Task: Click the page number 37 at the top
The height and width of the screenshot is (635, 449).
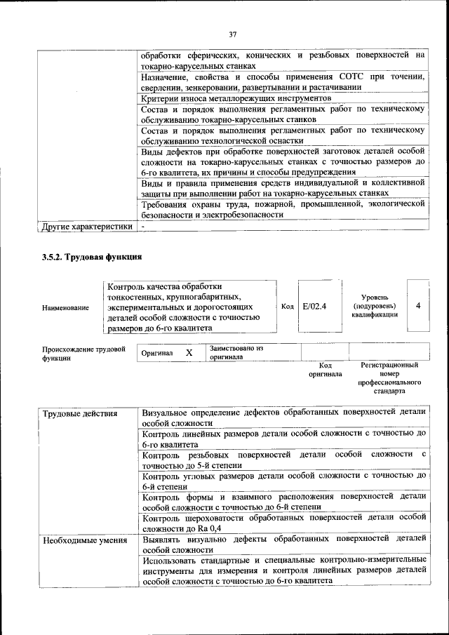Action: [x=233, y=34]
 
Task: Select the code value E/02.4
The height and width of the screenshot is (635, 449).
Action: [x=315, y=306]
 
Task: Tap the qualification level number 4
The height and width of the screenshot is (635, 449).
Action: [x=418, y=306]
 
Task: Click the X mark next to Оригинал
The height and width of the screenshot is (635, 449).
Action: [x=189, y=352]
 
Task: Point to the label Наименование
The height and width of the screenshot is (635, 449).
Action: [x=65, y=307]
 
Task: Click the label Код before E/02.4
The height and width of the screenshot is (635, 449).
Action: [x=287, y=306]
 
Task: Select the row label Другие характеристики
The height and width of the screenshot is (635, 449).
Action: [x=87, y=227]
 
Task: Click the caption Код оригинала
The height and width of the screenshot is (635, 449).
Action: [x=325, y=370]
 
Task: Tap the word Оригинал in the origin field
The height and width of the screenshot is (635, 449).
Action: [x=157, y=353]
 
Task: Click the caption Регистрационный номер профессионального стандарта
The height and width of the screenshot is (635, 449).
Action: [x=389, y=378]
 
